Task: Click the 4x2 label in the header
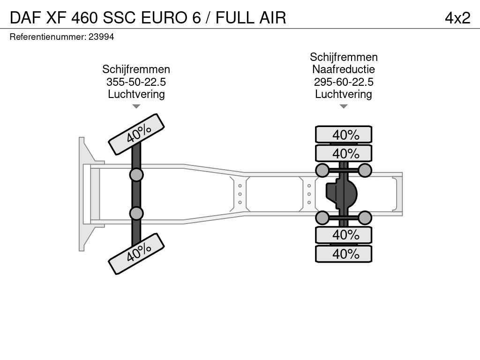pyautogui.click(x=457, y=18)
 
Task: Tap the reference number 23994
pyautogui.click(x=101, y=37)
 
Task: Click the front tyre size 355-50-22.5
pyautogui.click(x=136, y=82)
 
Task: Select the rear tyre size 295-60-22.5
pyautogui.click(x=344, y=82)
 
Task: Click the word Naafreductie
pyautogui.click(x=344, y=69)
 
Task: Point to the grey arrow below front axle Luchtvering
pyautogui.click(x=136, y=106)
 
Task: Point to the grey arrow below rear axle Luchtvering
pyautogui.click(x=344, y=106)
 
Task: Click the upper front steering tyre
pyautogui.click(x=136, y=135)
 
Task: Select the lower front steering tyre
pyautogui.click(x=136, y=254)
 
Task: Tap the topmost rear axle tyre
pyautogui.click(x=344, y=135)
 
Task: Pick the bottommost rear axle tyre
pyautogui.click(x=344, y=254)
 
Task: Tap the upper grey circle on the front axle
pyautogui.click(x=136, y=175)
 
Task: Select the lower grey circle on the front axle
pyautogui.click(x=136, y=213)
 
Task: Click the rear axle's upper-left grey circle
pyautogui.click(x=322, y=170)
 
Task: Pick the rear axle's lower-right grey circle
pyautogui.click(x=365, y=218)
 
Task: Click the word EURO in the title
pyautogui.click(x=164, y=18)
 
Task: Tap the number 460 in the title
pyautogui.click(x=84, y=18)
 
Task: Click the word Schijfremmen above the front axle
pyautogui.click(x=136, y=69)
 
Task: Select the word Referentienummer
pyautogui.click(x=48, y=37)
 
